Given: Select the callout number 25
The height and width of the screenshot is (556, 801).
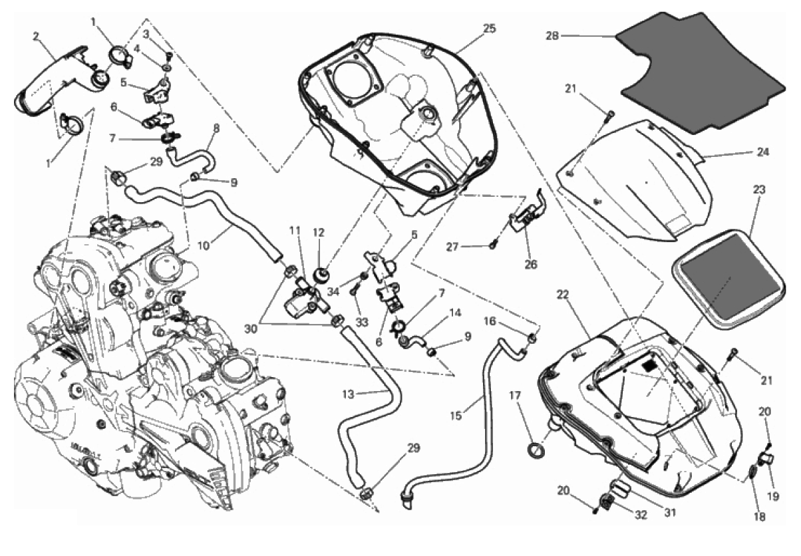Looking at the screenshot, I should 490,29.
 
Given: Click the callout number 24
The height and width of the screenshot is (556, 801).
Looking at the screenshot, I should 762,152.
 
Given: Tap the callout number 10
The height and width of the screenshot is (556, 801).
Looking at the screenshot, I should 204,245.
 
